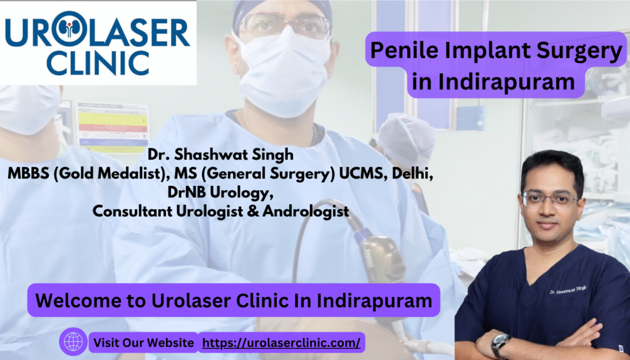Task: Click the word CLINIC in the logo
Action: [98, 62]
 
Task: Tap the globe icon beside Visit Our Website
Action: [73, 342]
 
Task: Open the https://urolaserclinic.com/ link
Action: [281, 343]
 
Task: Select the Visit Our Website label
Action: [144, 343]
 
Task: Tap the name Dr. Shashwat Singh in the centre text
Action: [221, 154]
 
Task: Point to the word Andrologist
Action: [305, 211]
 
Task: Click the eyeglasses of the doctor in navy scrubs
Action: [549, 199]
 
